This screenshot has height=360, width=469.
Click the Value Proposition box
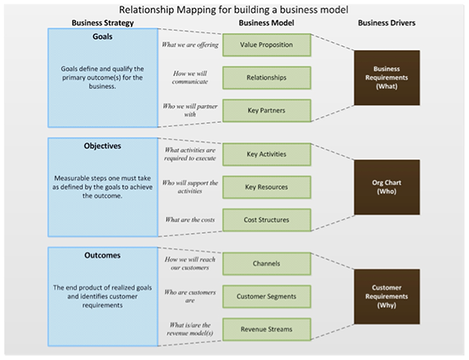coord(267,44)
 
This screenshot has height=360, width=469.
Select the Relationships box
coord(267,78)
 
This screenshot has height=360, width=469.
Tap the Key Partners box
coord(267,110)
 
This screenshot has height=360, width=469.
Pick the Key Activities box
coord(267,155)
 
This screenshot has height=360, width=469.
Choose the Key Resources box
coord(267,188)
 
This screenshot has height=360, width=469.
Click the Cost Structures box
coord(267,220)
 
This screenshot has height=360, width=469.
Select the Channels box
coord(267,264)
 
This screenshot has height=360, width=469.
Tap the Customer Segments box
coord(267,297)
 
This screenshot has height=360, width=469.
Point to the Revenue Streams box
coord(267,329)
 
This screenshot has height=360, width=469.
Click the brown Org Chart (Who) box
coord(387,188)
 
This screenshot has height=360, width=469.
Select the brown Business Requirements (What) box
coord(387,78)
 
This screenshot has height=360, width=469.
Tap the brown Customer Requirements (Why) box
coord(387,297)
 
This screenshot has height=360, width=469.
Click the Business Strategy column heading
coord(103,23)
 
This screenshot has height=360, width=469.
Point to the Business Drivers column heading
coord(387,23)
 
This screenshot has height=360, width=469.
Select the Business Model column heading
coord(266,23)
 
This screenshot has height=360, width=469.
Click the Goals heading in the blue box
coord(103,36)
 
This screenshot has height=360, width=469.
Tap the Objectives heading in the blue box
coord(103,146)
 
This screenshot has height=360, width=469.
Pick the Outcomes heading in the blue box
coord(103,256)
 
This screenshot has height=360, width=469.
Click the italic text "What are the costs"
coord(190,220)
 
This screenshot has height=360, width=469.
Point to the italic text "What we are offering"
coord(190,44)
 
